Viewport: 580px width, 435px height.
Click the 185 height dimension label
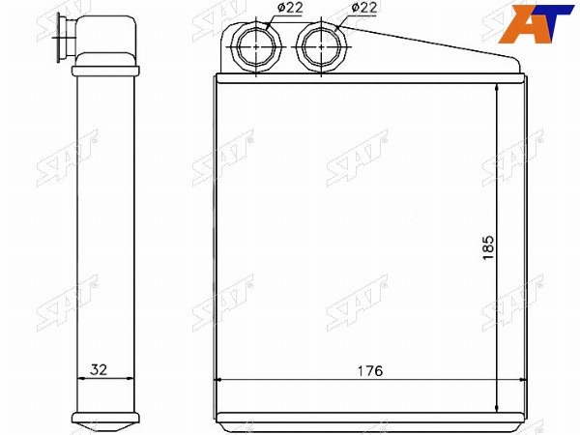(488, 247)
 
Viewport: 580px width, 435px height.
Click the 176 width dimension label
(370, 370)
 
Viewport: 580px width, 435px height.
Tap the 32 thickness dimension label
(99, 369)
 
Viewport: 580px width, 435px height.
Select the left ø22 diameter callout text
(290, 7)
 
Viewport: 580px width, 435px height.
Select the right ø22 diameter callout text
(364, 7)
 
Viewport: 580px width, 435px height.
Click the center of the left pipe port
(256, 47)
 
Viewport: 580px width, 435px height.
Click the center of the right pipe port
(321, 47)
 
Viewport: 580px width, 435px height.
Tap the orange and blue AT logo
(536, 23)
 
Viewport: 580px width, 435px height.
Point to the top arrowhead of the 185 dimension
(497, 90)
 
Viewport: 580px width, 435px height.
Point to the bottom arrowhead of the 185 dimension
(497, 407)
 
